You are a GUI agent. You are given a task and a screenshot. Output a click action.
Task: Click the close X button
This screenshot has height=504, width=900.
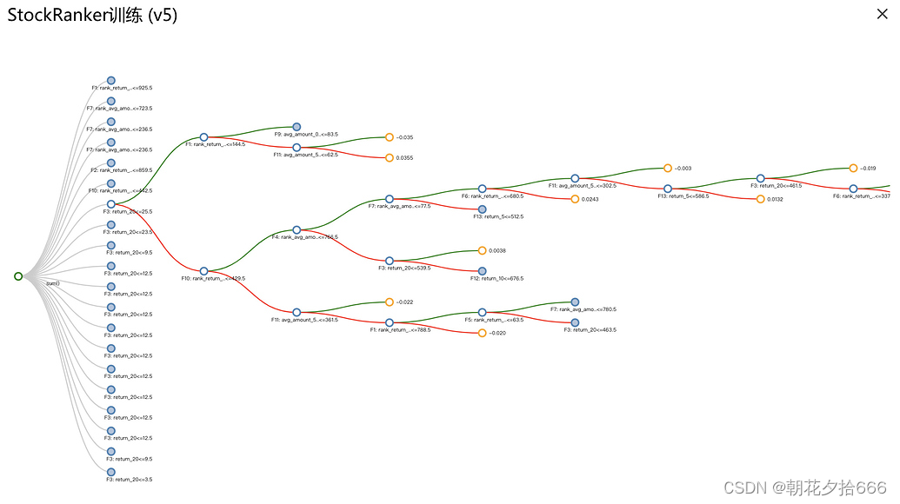pyautogui.click(x=882, y=13)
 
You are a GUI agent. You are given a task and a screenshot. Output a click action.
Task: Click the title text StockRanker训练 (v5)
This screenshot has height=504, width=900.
pyautogui.click(x=92, y=16)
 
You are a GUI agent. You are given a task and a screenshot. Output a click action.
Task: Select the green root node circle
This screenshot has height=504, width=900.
pyautogui.click(x=18, y=276)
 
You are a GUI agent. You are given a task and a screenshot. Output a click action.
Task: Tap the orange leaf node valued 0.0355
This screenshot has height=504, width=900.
pyautogui.click(x=390, y=157)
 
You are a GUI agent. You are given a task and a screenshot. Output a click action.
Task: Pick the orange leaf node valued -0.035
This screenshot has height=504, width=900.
pyautogui.click(x=390, y=137)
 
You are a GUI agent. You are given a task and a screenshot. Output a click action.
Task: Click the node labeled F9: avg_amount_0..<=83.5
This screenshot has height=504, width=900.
pyautogui.click(x=297, y=127)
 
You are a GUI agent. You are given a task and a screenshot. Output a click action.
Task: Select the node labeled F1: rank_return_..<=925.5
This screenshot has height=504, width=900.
pyautogui.click(x=111, y=80)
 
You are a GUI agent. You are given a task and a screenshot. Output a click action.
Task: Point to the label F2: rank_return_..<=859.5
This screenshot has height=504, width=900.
pyautogui.click(x=122, y=170)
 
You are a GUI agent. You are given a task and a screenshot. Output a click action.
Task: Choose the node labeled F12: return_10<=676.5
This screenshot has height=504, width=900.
pyautogui.click(x=483, y=271)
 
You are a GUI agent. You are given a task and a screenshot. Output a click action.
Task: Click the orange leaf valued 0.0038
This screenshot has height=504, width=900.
pyautogui.click(x=483, y=250)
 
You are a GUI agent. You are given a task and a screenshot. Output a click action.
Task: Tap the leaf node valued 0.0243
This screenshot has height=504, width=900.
pyautogui.click(x=575, y=199)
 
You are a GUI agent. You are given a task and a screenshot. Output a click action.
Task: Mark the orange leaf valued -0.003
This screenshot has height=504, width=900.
pyautogui.click(x=668, y=168)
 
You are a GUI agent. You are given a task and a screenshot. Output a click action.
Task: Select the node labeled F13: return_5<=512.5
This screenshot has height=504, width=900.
pyautogui.click(x=483, y=209)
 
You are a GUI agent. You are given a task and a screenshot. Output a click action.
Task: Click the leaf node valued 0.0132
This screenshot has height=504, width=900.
pyautogui.click(x=760, y=199)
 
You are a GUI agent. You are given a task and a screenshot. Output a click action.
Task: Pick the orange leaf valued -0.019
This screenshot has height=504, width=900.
pyautogui.click(x=853, y=168)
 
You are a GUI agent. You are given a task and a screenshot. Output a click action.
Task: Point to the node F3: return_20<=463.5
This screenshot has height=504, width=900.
pyautogui.click(x=575, y=322)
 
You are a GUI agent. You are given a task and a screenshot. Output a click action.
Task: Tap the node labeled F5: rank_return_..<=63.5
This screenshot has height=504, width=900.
pyautogui.click(x=483, y=312)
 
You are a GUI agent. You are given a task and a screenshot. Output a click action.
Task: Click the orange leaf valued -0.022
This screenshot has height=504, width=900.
pyautogui.click(x=390, y=302)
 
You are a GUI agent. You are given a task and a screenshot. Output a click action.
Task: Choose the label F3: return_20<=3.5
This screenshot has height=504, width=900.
pyautogui.click(x=130, y=480)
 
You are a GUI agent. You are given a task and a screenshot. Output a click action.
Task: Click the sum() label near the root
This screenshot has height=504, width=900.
pyautogui.click(x=52, y=283)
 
